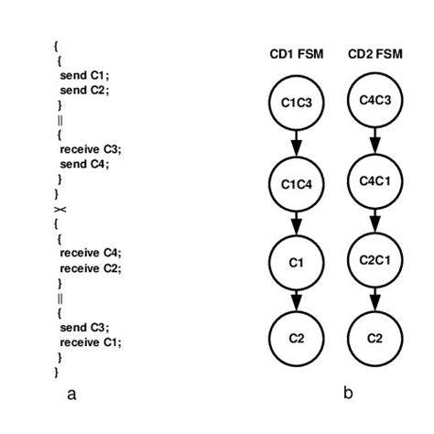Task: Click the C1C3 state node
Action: pyautogui.click(x=297, y=103)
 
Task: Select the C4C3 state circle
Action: pyautogui.click(x=375, y=100)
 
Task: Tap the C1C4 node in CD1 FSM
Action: pyautogui.click(x=297, y=184)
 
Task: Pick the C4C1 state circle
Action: pyautogui.click(x=375, y=181)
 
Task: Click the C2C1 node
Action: pyautogui.click(x=375, y=260)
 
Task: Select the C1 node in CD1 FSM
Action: pyautogui.click(x=297, y=263)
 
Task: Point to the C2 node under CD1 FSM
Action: pyautogui.click(x=297, y=339)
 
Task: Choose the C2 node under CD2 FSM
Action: pyautogui.click(x=375, y=339)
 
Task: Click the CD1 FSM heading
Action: pyautogui.click(x=297, y=54)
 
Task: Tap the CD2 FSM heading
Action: pyautogui.click(x=375, y=54)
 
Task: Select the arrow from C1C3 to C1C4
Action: pyautogui.click(x=297, y=144)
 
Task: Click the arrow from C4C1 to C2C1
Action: pyautogui.click(x=375, y=221)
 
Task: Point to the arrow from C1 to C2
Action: pyautogui.click(x=297, y=301)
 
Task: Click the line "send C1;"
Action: pyautogui.click(x=84, y=75)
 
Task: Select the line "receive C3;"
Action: pyautogui.click(x=91, y=149)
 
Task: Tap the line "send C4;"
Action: pyautogui.click(x=84, y=164)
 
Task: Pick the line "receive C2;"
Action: pyautogui.click(x=91, y=268)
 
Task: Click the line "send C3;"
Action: pyautogui.click(x=84, y=328)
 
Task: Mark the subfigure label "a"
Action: pyautogui.click(x=71, y=395)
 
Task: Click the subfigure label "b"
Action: pyautogui.click(x=348, y=393)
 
